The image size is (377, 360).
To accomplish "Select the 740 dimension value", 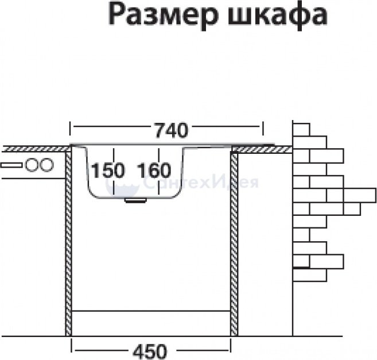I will pos(171,130).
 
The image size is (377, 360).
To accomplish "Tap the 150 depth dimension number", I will pos(107,171).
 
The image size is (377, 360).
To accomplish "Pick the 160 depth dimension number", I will pos(154,171).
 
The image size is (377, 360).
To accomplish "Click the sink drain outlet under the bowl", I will pos(136,200).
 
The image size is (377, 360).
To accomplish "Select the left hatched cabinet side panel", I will pos(68,241).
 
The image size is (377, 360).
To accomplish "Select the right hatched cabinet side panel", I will pos(234,241).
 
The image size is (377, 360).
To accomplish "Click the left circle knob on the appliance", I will pos(32,165).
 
